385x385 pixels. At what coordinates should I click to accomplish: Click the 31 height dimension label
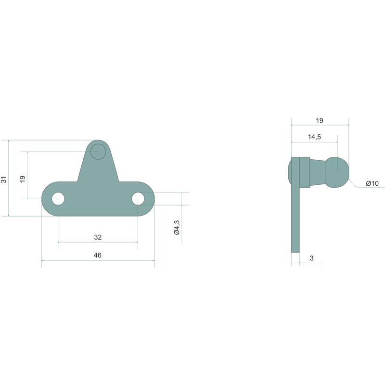tap(4, 180)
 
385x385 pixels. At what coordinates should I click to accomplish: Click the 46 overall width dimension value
tap(98, 255)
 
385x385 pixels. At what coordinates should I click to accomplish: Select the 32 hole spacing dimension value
tap(98, 237)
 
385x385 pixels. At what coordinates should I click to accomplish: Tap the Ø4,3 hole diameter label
tap(177, 227)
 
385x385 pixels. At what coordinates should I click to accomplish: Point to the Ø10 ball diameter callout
tap(372, 183)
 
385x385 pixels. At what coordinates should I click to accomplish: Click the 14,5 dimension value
tap(315, 137)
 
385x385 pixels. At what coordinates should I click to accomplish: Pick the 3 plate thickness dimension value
tap(311, 258)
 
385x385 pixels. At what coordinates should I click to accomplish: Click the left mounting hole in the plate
tap(58, 199)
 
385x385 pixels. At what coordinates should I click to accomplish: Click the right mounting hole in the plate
tap(138, 199)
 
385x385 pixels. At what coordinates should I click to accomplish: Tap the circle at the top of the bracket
tap(98, 152)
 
